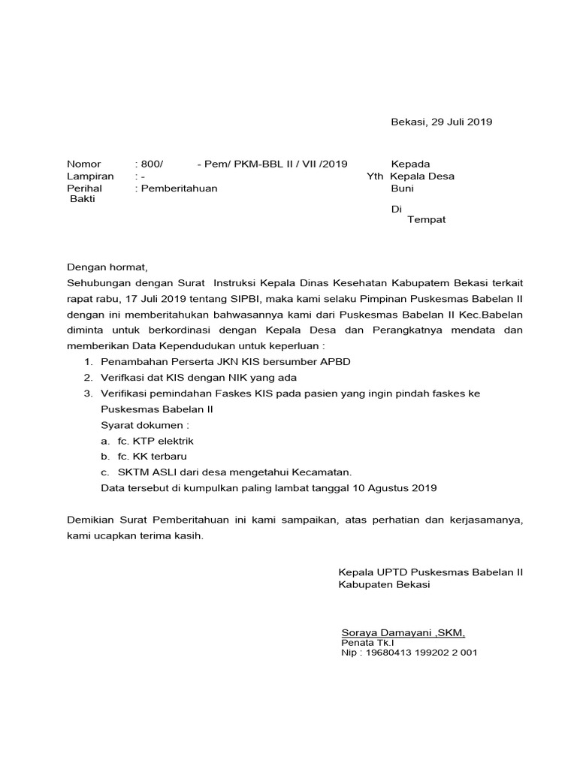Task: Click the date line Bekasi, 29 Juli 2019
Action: coord(442,122)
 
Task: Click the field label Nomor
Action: coord(83,164)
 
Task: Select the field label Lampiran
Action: coord(90,176)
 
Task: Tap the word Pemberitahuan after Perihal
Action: coord(178,188)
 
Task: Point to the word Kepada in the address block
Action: coord(411,164)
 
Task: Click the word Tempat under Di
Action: coord(426,219)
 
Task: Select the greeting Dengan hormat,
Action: coord(108,267)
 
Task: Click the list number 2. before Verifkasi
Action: coord(88,377)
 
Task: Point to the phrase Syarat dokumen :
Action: coord(145,424)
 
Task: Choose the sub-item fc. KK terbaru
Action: coord(152,456)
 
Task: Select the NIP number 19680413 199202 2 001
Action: coord(421,653)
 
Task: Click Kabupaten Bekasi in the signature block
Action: coord(384,584)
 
